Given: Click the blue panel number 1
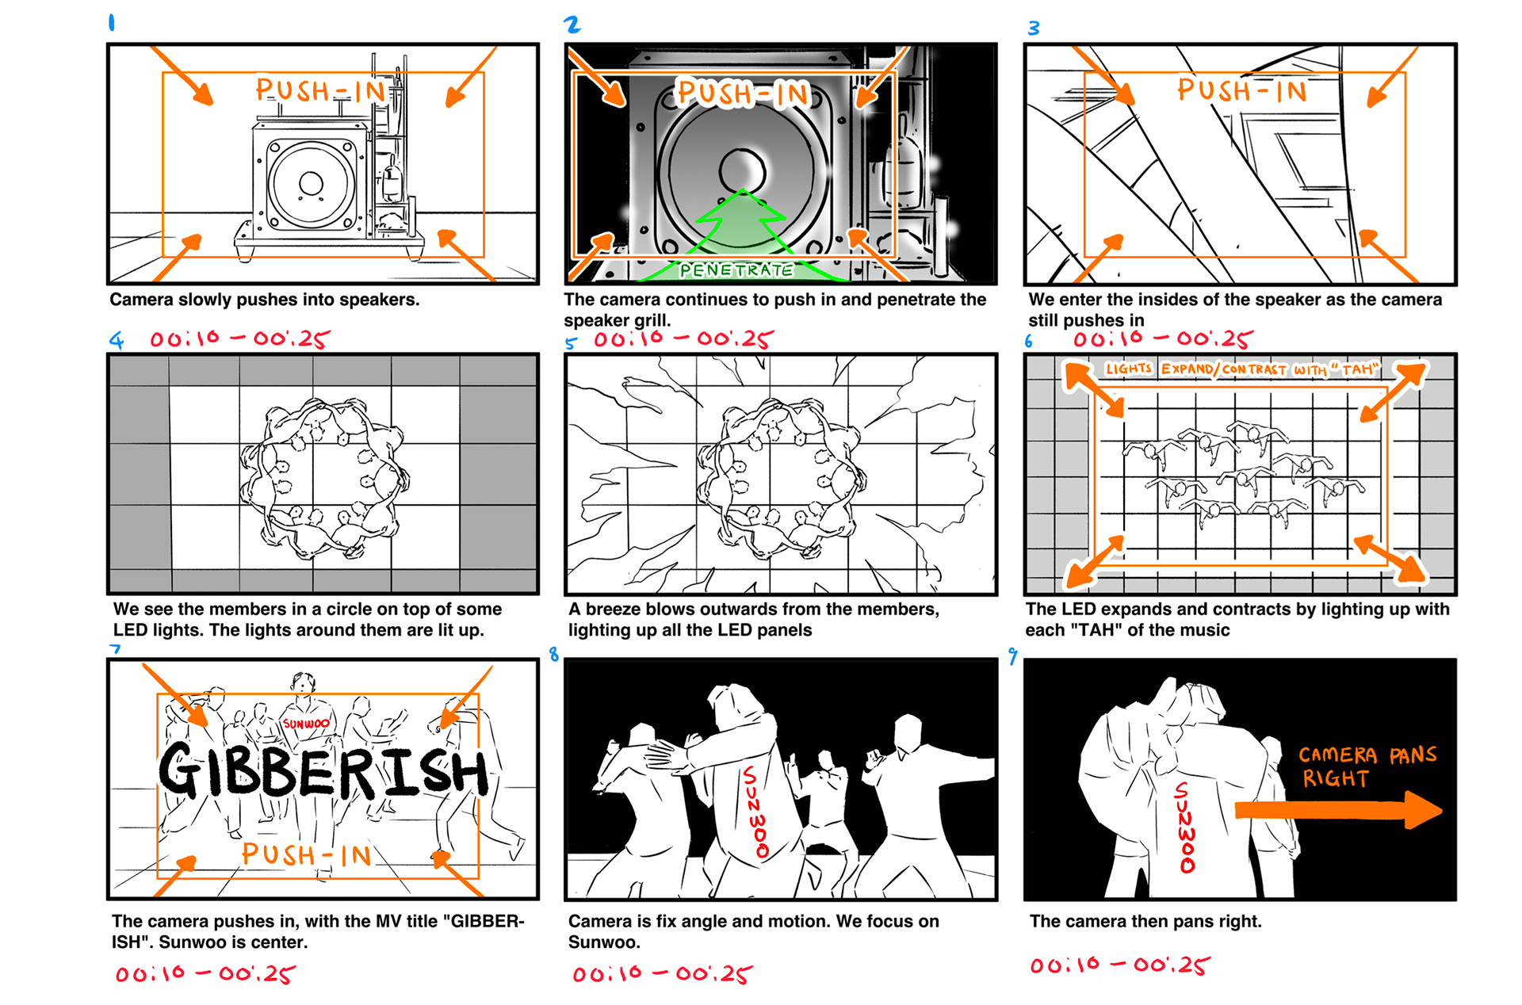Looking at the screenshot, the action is click(x=112, y=23).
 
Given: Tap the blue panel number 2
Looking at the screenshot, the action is click(x=572, y=25).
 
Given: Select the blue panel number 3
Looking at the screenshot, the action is click(x=1034, y=29).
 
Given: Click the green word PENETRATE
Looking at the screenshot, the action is click(x=736, y=270).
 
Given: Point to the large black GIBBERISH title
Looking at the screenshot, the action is click(x=323, y=771).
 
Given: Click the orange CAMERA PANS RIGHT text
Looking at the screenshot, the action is click(x=1367, y=766).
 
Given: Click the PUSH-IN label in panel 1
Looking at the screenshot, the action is click(x=320, y=90).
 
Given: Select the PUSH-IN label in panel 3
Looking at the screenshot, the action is click(x=1241, y=90).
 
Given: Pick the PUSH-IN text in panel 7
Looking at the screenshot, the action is click(x=307, y=854).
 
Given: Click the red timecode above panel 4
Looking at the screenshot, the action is click(x=239, y=339).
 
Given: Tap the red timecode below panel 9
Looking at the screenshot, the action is click(x=1119, y=965).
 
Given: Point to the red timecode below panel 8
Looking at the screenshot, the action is click(x=663, y=973).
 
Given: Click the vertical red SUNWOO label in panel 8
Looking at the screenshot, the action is click(x=755, y=812).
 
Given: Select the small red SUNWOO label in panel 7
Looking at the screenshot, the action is click(x=306, y=724).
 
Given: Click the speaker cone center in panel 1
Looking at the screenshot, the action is click(x=311, y=184).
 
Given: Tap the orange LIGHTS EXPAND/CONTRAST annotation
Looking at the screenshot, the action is click(x=1242, y=369).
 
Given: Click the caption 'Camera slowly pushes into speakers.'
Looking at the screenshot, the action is click(x=265, y=300).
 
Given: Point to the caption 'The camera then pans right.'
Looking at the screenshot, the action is click(x=1145, y=921).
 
